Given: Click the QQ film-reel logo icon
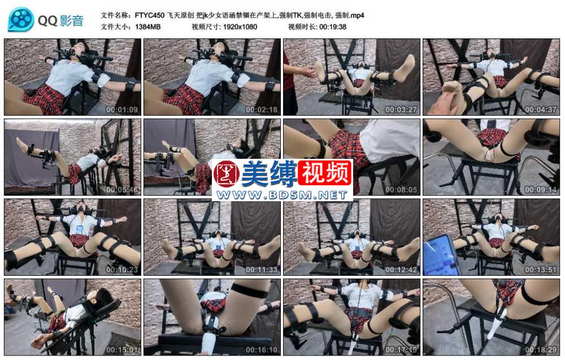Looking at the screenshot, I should (21, 20).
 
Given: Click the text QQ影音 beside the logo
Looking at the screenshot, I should (60, 21).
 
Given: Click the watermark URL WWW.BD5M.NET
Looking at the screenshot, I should (282, 195).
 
